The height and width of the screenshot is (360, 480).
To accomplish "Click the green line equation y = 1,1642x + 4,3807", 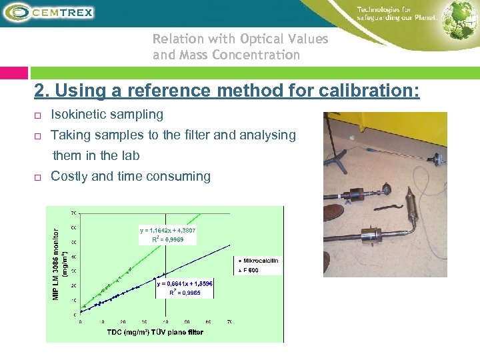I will click(167, 230).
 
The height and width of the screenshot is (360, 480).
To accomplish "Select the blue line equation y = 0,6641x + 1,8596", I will click(185, 283).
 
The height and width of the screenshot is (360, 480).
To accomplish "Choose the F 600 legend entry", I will click(250, 269).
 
